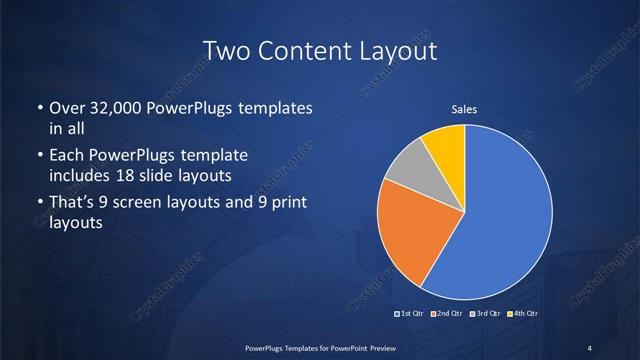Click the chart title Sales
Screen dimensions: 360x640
click(465, 109)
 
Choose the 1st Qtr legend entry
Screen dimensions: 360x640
click(411, 315)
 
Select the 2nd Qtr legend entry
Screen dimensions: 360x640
click(446, 315)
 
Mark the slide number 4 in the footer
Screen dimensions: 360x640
click(590, 347)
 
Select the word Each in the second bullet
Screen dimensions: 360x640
click(67, 157)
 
